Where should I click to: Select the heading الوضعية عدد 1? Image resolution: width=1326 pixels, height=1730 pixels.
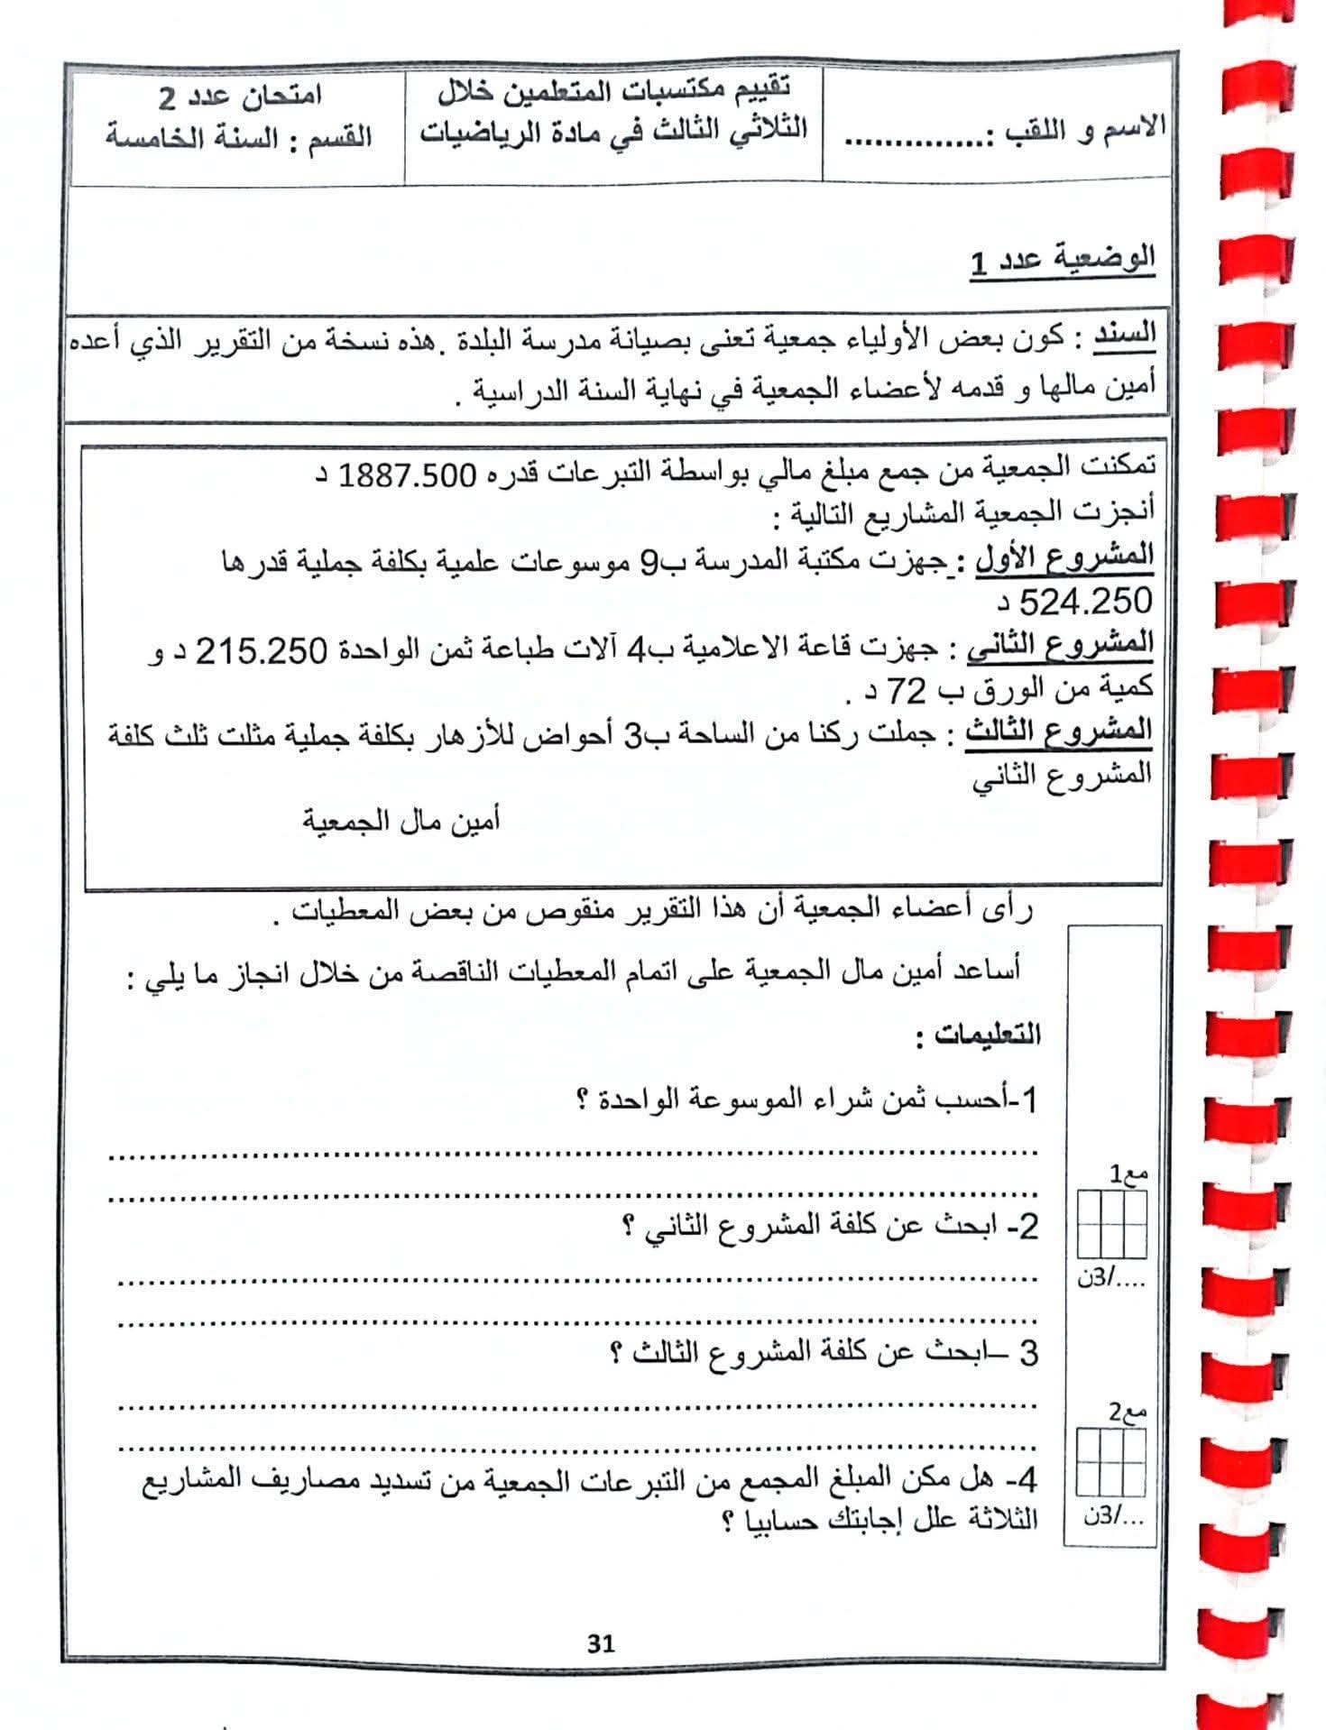(x=1063, y=262)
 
